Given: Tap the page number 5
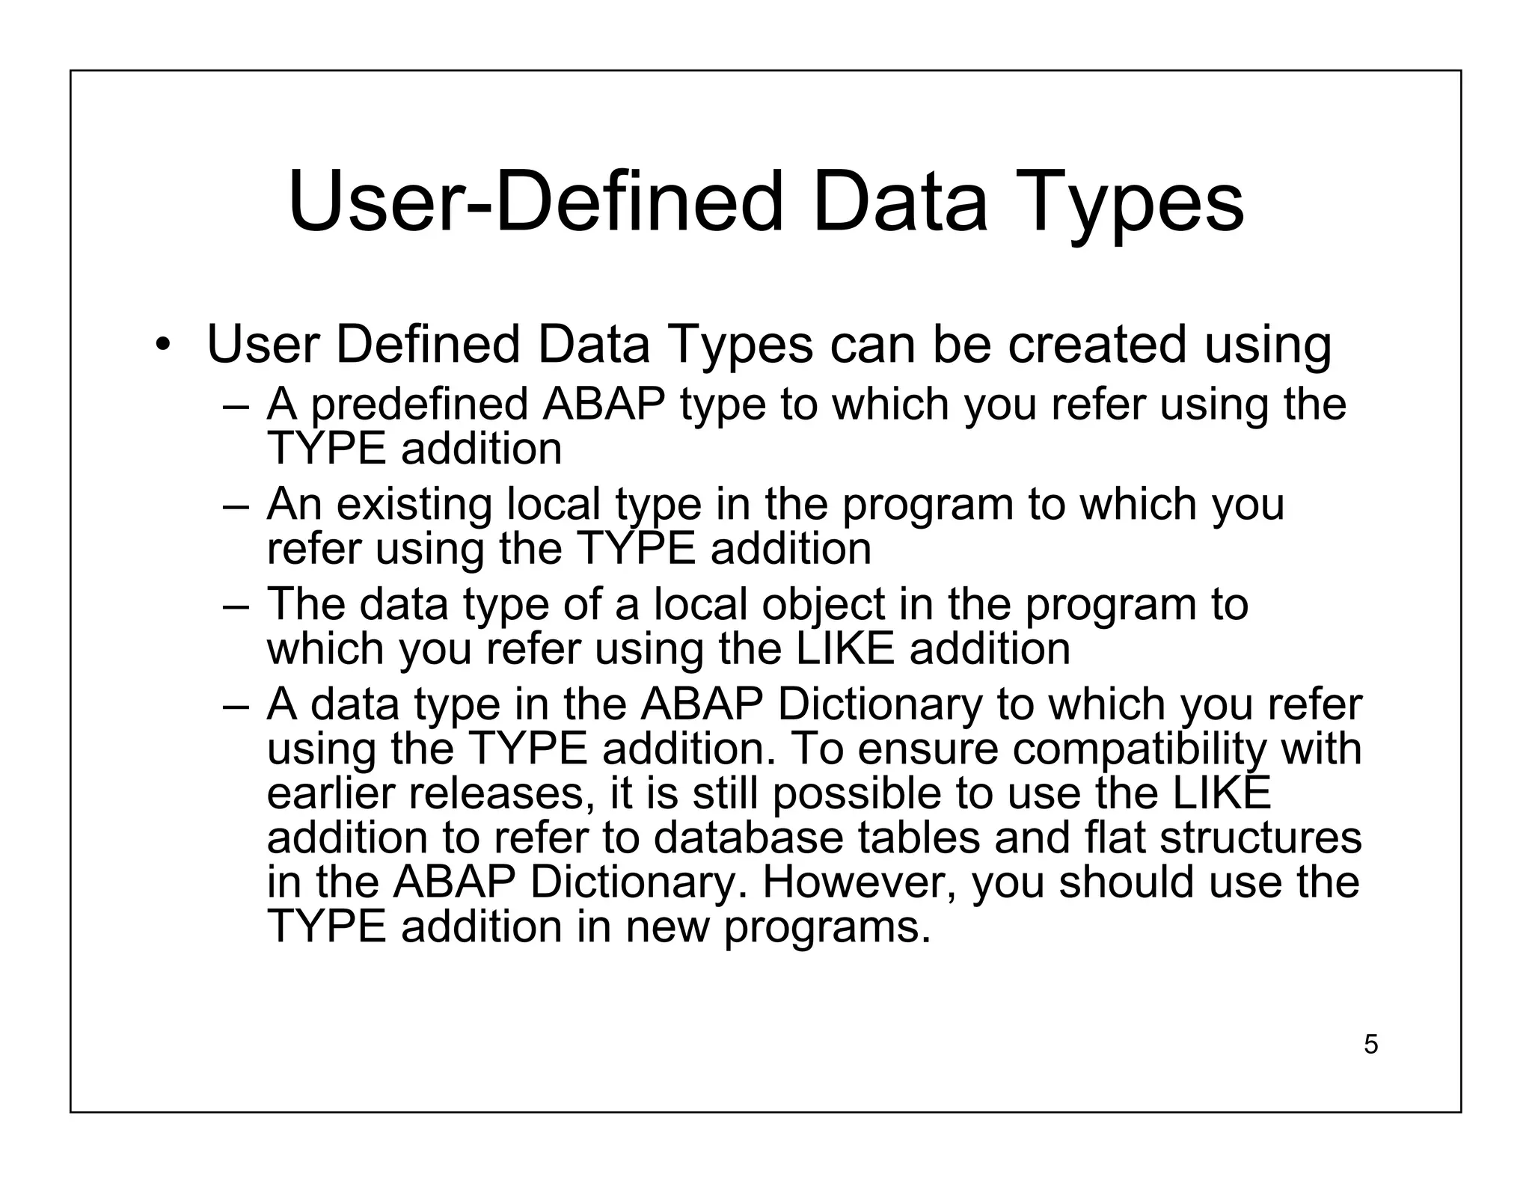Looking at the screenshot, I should tap(1370, 1044).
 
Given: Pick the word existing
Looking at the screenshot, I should tap(414, 504).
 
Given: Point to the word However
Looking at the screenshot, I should tap(860, 882).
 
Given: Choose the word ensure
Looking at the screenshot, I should tap(928, 749).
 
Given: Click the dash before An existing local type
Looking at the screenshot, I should tap(234, 506).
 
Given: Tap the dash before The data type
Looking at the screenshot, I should tap(234, 606).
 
